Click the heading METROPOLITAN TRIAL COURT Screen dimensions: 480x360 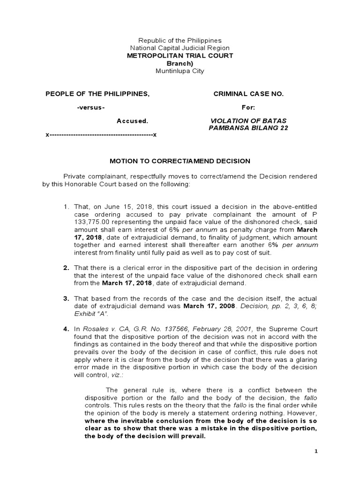click(x=180, y=56)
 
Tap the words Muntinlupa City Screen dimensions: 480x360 click(x=180, y=71)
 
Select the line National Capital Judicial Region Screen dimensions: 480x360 click(x=180, y=48)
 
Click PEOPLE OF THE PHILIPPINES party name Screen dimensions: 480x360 click(x=97, y=94)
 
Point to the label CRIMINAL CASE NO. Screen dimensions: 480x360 click(x=248, y=94)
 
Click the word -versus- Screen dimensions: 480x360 click(x=90, y=107)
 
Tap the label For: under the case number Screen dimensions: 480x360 click(x=248, y=107)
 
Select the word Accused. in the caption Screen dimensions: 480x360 click(x=132, y=120)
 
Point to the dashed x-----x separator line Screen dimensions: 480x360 click(x=101, y=135)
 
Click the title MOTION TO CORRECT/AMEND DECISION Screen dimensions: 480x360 click(x=180, y=161)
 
